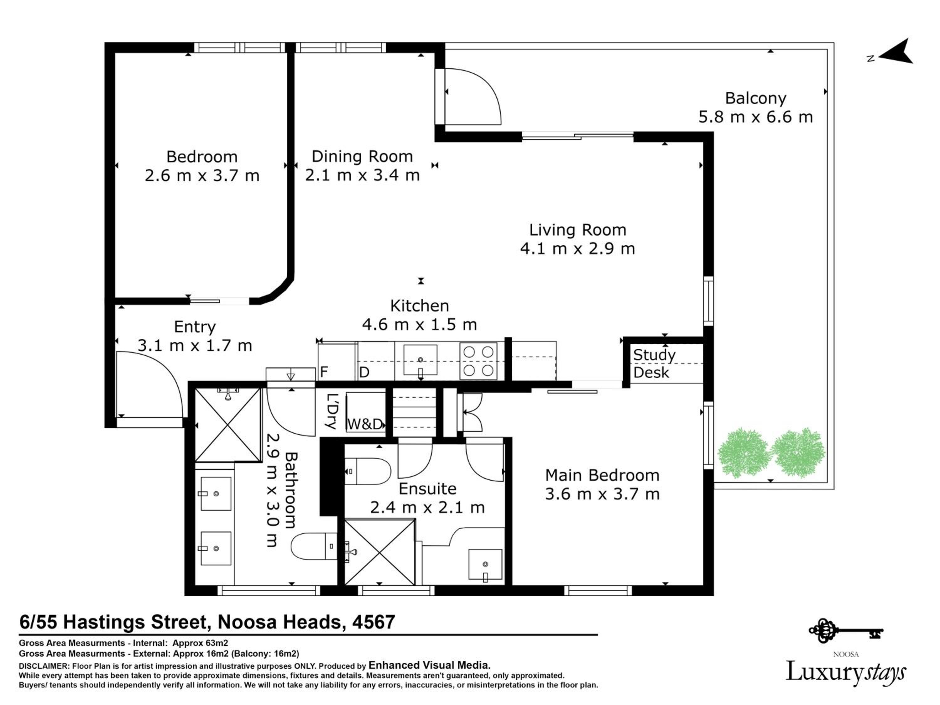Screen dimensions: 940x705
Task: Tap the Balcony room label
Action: click(755, 98)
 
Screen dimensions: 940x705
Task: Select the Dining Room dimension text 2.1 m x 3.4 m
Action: click(363, 175)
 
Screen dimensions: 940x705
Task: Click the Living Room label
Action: click(577, 230)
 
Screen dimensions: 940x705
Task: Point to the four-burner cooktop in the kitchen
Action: click(478, 361)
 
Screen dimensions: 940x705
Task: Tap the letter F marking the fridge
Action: click(324, 372)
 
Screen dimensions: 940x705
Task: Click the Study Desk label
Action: click(654, 364)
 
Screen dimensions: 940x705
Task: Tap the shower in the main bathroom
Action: click(228, 425)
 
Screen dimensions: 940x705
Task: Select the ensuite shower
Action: click(379, 552)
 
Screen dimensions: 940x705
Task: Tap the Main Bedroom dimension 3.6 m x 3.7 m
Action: click(603, 494)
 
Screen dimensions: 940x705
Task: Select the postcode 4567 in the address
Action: click(373, 622)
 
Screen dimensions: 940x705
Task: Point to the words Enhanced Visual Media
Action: click(430, 665)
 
